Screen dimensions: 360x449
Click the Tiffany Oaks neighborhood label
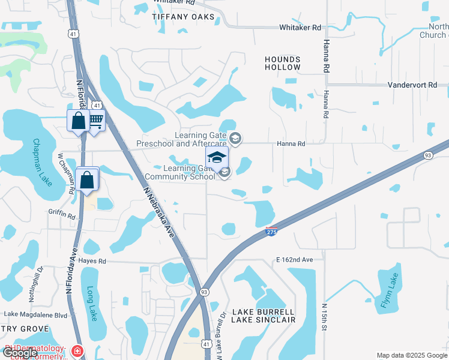point(183,17)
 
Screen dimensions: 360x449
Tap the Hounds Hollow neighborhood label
point(283,63)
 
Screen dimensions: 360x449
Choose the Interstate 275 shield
point(271,230)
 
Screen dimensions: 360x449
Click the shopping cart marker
point(95,120)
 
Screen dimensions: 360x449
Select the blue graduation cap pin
point(217,157)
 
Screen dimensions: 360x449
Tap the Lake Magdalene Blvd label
point(35,314)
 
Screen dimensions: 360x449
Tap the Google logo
point(20,353)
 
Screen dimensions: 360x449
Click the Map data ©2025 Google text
point(411,355)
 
